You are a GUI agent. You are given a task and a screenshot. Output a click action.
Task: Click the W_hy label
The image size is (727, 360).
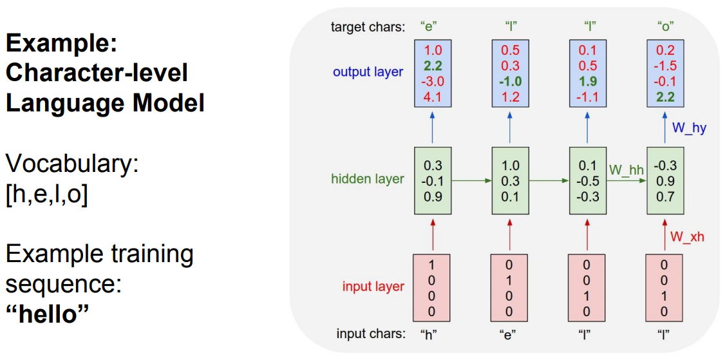pos(689,128)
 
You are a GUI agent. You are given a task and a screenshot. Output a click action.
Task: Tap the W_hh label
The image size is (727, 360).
pos(626,170)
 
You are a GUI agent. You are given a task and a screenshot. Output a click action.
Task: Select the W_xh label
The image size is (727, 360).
pos(688,236)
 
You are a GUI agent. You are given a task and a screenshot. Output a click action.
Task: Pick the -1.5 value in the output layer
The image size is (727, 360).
pos(665,66)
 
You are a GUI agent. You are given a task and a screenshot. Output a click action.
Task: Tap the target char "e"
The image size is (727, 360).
pos(428,27)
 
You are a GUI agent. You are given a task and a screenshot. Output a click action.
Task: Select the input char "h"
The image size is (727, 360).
pos(428,334)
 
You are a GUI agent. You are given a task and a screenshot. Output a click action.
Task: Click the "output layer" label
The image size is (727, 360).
pos(368,72)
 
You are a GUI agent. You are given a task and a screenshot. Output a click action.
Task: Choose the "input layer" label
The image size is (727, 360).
pos(373,287)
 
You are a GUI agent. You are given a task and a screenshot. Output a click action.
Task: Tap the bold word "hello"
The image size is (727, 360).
pos(46,316)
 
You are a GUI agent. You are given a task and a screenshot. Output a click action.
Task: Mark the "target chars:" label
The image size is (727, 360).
pos(368,27)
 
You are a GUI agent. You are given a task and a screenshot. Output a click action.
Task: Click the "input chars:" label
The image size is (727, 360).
pos(371,334)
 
